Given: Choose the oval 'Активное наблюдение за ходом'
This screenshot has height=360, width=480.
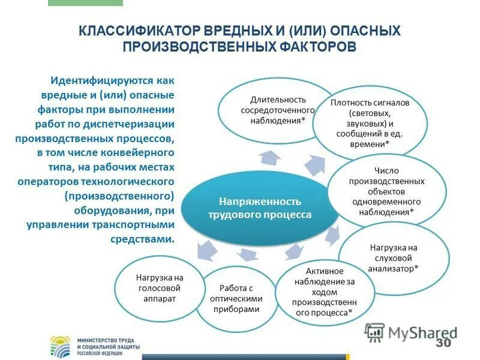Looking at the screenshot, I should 324,292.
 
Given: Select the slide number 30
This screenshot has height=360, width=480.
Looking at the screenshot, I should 443,343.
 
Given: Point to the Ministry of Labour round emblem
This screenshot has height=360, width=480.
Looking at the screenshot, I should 62,346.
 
